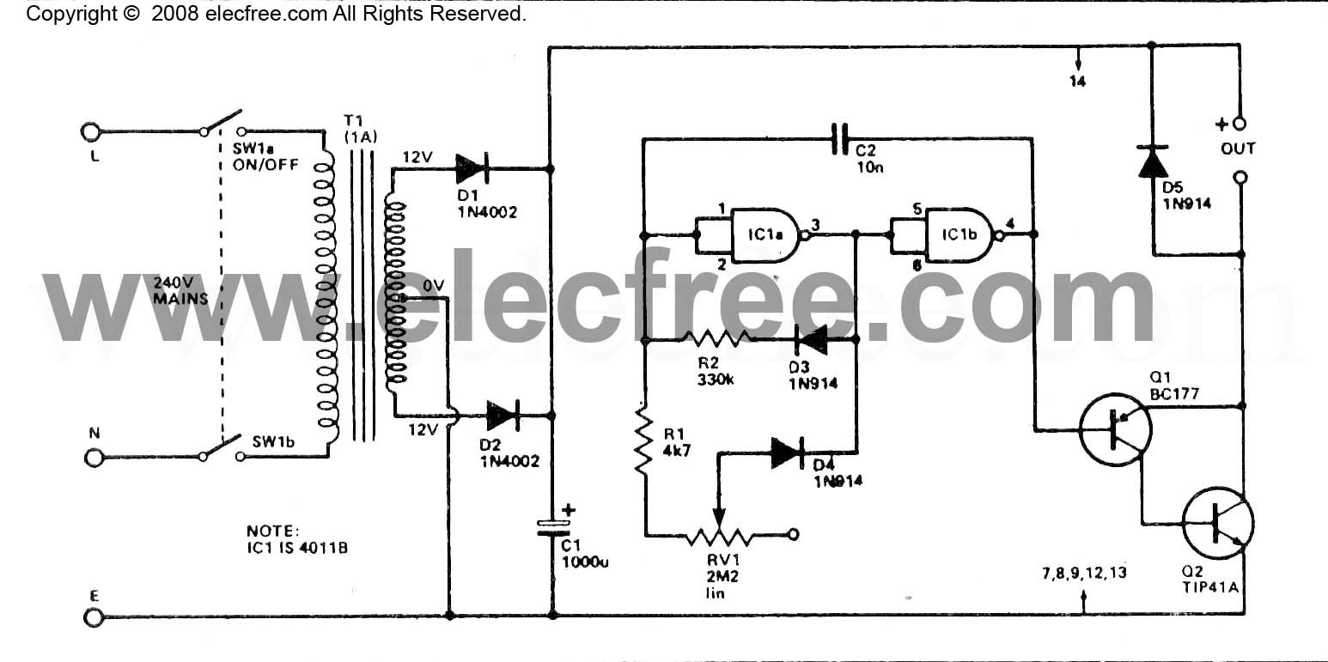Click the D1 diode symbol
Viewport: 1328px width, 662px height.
pyautogui.click(x=472, y=168)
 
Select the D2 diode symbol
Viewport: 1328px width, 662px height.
pyautogui.click(x=503, y=416)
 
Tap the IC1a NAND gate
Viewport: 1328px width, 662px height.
pyautogui.click(x=766, y=235)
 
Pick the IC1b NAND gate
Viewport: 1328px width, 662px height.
pyautogui.click(x=961, y=234)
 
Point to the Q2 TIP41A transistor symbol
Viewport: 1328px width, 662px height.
pyautogui.click(x=1218, y=523)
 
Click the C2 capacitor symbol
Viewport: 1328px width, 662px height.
pyautogui.click(x=839, y=139)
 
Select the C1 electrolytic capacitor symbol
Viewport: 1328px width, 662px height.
pyautogui.click(x=553, y=528)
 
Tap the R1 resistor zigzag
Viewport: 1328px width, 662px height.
pyautogui.click(x=643, y=440)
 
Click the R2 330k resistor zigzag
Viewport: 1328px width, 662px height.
pyautogui.click(x=717, y=339)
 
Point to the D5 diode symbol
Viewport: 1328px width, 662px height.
pyautogui.click(x=1153, y=161)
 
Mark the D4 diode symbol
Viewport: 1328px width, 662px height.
pyautogui.click(x=788, y=453)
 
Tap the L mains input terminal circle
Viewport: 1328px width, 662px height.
pyautogui.click(x=91, y=131)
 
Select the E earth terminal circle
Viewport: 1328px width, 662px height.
pyautogui.click(x=94, y=618)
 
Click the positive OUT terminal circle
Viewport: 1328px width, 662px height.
pyautogui.click(x=1239, y=124)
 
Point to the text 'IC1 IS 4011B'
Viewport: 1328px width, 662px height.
pyautogui.click(x=297, y=548)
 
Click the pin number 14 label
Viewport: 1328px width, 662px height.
pyautogui.click(x=1077, y=82)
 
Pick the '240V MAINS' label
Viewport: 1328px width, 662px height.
pyautogui.click(x=180, y=290)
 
